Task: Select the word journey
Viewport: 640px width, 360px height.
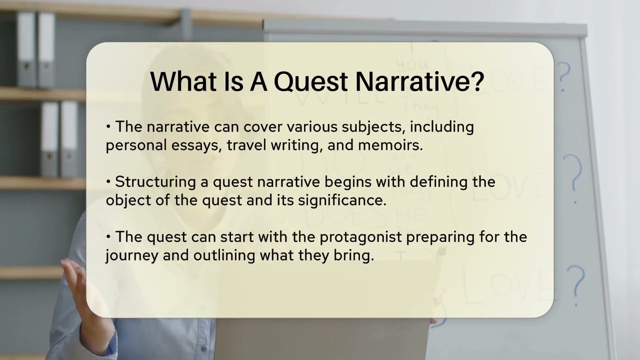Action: click(x=131, y=255)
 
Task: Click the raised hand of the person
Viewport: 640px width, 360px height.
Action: click(x=75, y=280)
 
